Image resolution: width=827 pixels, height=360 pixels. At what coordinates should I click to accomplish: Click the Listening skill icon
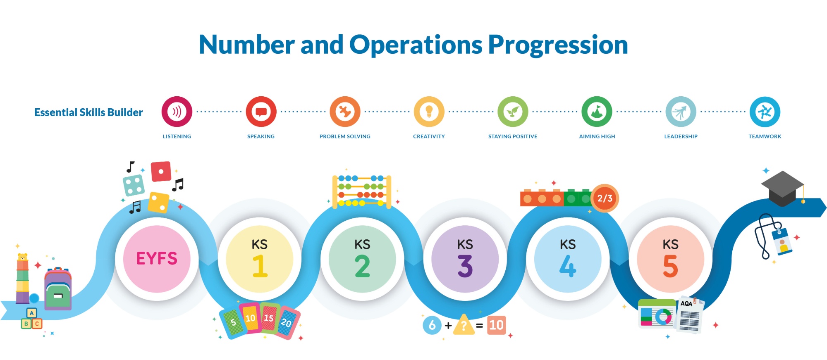pyautogui.click(x=177, y=112)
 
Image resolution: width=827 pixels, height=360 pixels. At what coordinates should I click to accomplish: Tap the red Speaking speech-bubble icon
pyautogui.click(x=261, y=112)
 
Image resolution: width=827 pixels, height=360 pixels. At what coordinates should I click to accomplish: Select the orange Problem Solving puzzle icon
pyautogui.click(x=345, y=112)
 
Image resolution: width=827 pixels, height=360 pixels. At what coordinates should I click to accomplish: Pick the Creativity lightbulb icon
pyautogui.click(x=429, y=112)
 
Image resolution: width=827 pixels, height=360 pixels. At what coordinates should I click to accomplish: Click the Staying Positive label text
pyautogui.click(x=513, y=136)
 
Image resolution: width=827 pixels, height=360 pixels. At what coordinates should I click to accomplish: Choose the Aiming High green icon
pyautogui.click(x=597, y=112)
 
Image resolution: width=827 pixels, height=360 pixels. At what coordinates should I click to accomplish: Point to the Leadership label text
pyautogui.click(x=681, y=136)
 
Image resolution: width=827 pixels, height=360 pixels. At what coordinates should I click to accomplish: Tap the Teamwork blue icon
pyautogui.click(x=765, y=112)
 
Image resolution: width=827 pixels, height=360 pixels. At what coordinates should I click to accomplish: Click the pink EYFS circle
pyautogui.click(x=157, y=259)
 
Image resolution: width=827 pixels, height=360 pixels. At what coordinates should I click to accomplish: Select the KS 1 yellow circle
pyautogui.click(x=260, y=259)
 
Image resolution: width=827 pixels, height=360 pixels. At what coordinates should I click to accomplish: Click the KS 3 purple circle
pyautogui.click(x=465, y=259)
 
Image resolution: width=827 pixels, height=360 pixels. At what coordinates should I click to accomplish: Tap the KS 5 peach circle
pyautogui.click(x=670, y=259)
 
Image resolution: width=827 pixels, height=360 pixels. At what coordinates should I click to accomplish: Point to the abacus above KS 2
pyautogui.click(x=362, y=191)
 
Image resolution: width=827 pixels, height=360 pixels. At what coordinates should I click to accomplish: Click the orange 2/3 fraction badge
pyautogui.click(x=605, y=198)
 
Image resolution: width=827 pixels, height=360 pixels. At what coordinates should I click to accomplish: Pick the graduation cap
pyautogui.click(x=783, y=188)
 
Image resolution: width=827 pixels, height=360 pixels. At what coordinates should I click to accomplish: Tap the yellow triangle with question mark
pyautogui.click(x=464, y=325)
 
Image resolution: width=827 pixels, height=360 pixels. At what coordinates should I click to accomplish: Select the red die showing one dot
pyautogui.click(x=161, y=172)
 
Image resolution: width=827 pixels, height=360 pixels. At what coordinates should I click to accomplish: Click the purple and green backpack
pyautogui.click(x=58, y=289)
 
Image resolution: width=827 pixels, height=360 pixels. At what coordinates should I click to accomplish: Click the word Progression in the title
pyautogui.click(x=558, y=45)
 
